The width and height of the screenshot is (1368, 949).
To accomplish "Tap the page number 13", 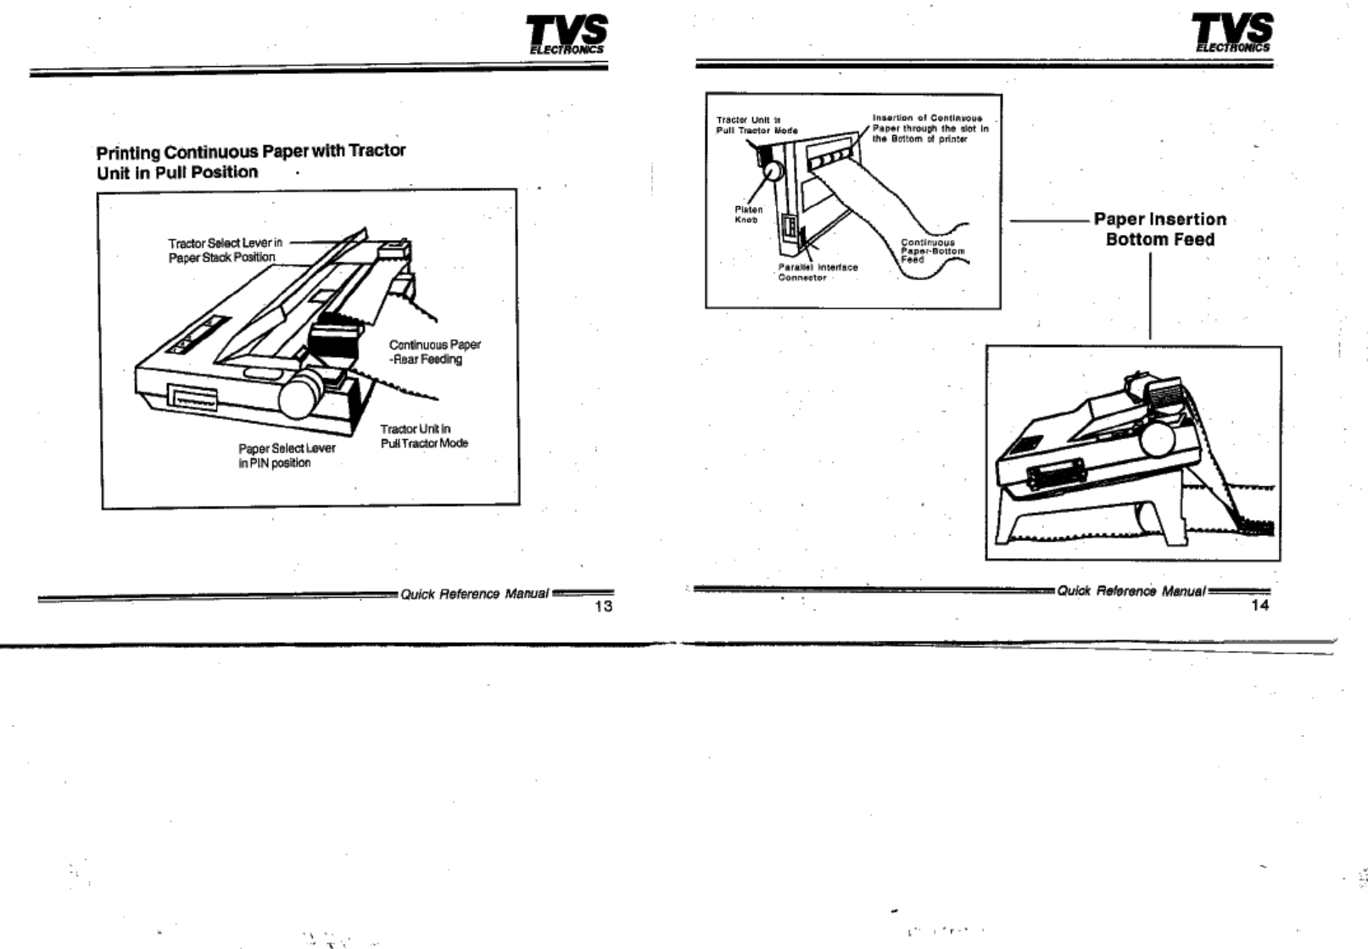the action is (x=604, y=606).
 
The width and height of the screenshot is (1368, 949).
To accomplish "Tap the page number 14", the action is (x=1260, y=605).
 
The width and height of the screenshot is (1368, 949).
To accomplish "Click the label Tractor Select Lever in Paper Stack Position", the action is (x=224, y=250).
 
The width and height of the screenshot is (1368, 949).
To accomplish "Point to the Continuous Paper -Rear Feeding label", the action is (x=434, y=352).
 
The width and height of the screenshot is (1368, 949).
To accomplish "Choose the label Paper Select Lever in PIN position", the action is (x=287, y=455).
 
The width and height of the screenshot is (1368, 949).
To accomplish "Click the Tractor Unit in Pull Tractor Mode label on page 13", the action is (x=423, y=436).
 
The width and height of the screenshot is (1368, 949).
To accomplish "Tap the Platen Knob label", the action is (x=748, y=215).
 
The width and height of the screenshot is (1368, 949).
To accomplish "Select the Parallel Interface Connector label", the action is (x=818, y=272).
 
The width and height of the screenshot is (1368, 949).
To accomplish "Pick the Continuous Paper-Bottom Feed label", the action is (x=932, y=251).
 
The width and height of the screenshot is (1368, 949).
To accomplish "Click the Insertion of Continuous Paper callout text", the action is (x=930, y=129).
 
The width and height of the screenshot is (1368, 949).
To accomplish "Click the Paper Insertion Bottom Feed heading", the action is (x=1159, y=230).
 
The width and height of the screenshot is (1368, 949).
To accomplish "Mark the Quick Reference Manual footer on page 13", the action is (x=474, y=594).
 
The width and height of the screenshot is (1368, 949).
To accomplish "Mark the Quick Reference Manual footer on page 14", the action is (x=1131, y=591).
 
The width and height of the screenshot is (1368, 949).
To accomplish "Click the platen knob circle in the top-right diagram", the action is (x=771, y=171).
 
